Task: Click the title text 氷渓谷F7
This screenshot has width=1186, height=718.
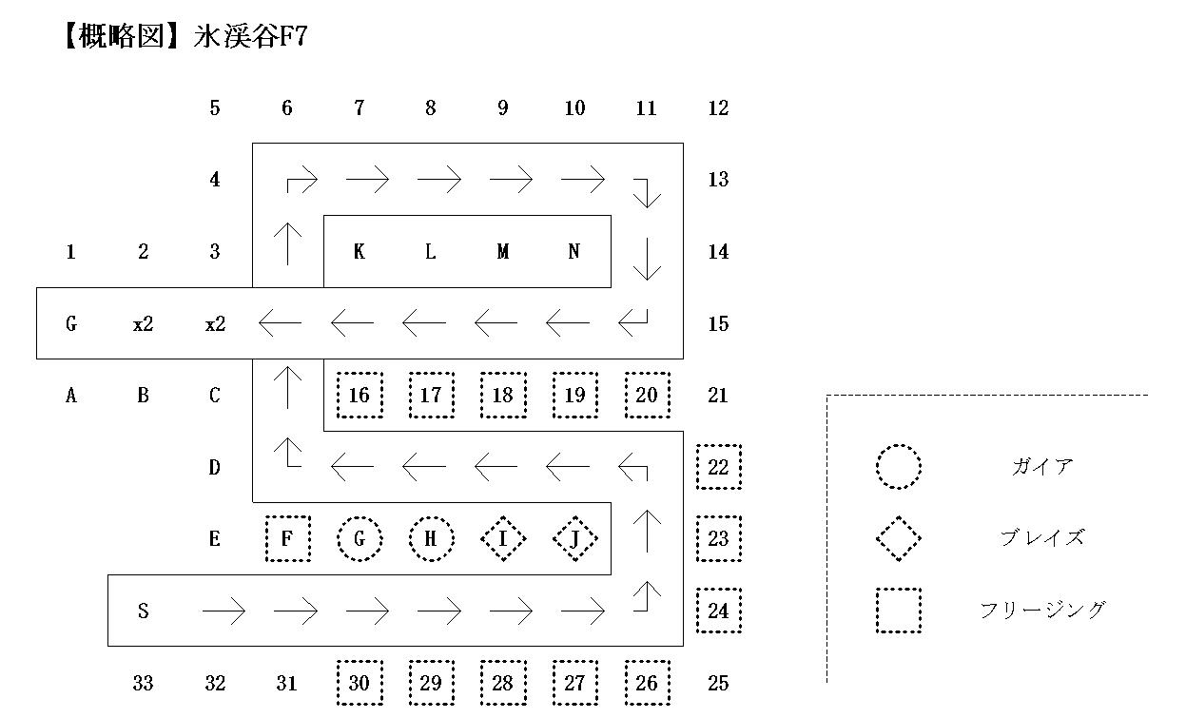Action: [x=251, y=38]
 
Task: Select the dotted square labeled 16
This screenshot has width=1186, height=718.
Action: [x=360, y=396]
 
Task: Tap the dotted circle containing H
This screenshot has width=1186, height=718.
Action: [x=431, y=539]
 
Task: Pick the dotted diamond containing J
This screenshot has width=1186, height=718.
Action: [x=574, y=539]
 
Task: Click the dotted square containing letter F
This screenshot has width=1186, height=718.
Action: [x=287, y=539]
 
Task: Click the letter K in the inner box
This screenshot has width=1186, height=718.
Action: [x=359, y=252]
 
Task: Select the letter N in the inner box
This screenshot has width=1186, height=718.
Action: [x=574, y=252]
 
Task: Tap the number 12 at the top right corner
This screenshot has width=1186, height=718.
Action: [x=718, y=108]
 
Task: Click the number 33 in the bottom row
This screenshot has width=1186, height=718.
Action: [x=143, y=683]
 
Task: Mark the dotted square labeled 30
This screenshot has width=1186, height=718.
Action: [x=360, y=683]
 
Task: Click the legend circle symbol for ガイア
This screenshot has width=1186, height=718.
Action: [x=898, y=467]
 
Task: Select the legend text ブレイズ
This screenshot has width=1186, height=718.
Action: [x=1042, y=538]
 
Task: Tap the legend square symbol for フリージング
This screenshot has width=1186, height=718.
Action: [x=898, y=611]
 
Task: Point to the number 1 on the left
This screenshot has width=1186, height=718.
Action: [x=70, y=252]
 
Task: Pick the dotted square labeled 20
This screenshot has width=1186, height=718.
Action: [x=647, y=396]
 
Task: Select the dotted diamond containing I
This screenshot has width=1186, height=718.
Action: [x=503, y=539]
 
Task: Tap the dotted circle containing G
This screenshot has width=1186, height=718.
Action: [x=360, y=539]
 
